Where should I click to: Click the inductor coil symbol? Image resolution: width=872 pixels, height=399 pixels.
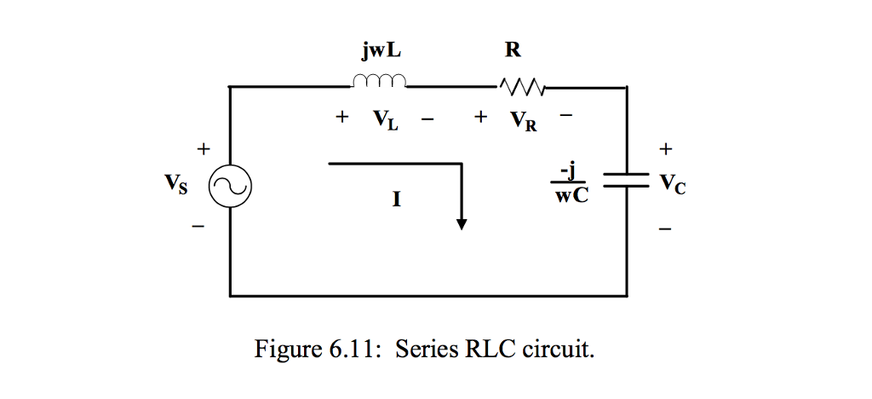point(379,82)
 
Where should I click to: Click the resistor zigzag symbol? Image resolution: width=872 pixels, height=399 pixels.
point(521,85)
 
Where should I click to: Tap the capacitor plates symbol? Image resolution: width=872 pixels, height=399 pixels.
point(628,181)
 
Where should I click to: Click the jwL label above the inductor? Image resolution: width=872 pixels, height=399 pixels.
point(380,50)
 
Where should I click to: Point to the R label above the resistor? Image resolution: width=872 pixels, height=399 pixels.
point(512,50)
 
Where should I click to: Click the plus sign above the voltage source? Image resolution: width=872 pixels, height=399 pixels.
point(203,149)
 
